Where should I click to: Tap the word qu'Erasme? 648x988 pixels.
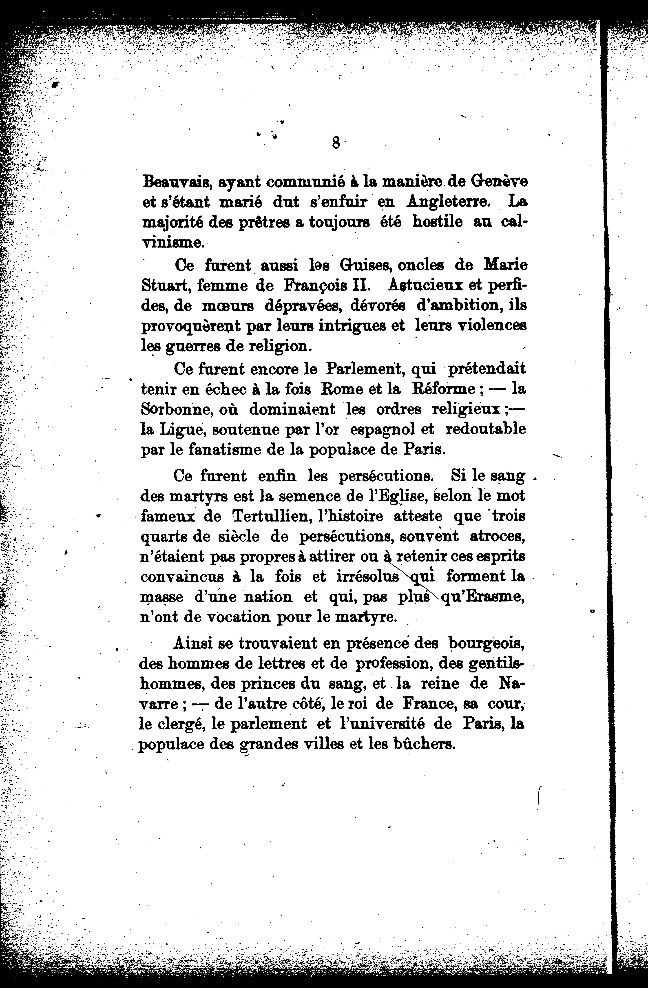coord(482,598)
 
